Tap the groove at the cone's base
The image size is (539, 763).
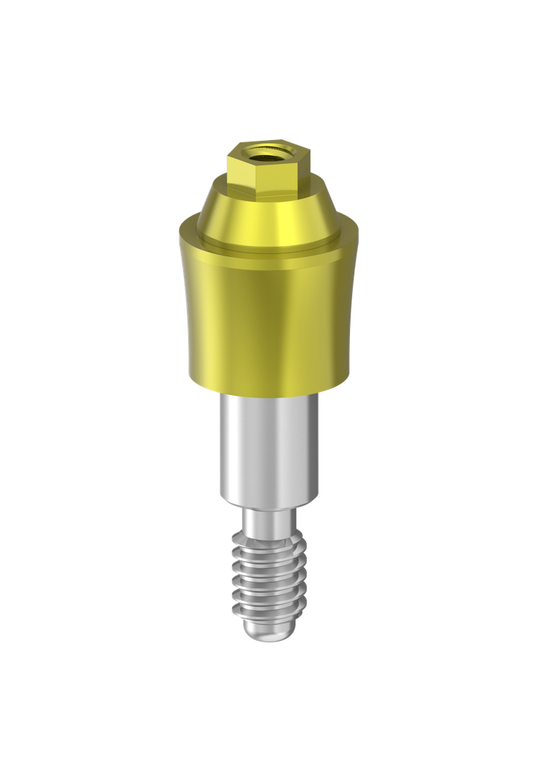pyautogui.click(x=268, y=244)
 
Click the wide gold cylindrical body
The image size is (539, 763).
pyautogui.click(x=268, y=313)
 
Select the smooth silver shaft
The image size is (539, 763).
pyautogui.click(x=268, y=447)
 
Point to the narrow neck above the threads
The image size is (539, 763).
pyautogui.click(x=268, y=520)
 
